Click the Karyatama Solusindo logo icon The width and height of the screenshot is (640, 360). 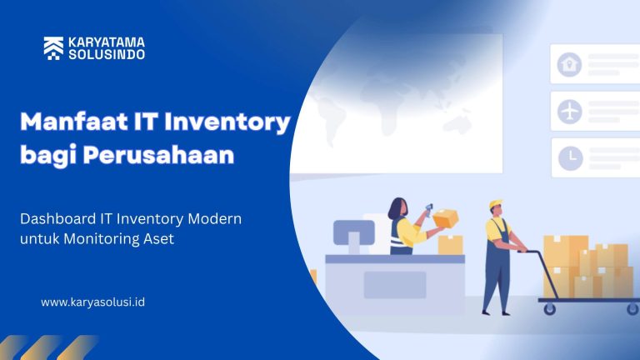(x=53, y=48)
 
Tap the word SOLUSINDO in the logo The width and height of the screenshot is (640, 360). (x=106, y=54)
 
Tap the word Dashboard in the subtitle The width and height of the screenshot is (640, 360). (x=57, y=218)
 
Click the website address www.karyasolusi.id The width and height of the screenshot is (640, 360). (x=92, y=302)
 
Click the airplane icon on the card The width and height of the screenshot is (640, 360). (x=570, y=110)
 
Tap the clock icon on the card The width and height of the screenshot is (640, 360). (x=570, y=157)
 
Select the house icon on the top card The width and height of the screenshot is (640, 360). (x=570, y=63)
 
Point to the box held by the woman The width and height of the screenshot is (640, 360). (x=445, y=218)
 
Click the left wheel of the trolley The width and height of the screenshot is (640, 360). (x=549, y=308)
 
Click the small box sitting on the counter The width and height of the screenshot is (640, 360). (x=450, y=244)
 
